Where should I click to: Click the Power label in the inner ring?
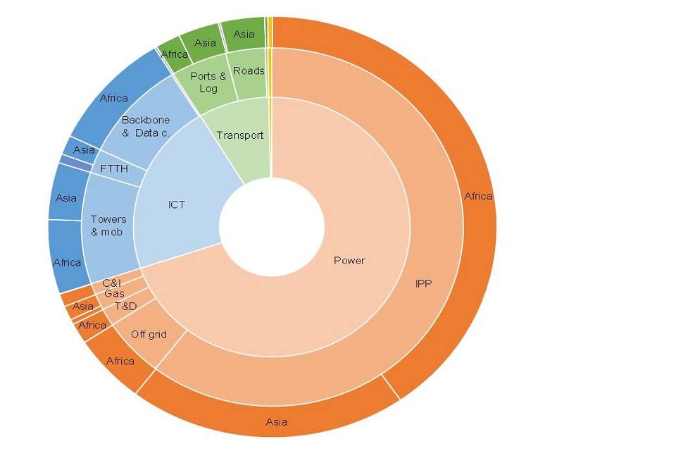coord(349,261)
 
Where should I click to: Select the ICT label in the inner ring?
coord(177,205)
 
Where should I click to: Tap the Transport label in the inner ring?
coord(239,135)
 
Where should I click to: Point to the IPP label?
coord(423,284)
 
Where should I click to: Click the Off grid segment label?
coord(149,334)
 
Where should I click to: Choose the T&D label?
coord(125,307)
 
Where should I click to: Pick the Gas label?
coord(114,294)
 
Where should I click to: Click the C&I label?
coord(111,283)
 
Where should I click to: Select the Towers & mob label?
coord(108,225)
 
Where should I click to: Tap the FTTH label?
coord(114,169)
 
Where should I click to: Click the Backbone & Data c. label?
coord(146,126)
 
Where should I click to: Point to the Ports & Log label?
coord(208,82)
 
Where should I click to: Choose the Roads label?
coord(249,70)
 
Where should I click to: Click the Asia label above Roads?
coord(244,34)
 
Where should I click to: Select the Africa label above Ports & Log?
coord(174,54)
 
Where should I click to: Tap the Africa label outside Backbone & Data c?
coord(114,98)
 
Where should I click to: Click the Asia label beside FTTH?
coord(84,150)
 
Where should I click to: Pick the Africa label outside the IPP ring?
coord(478,196)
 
